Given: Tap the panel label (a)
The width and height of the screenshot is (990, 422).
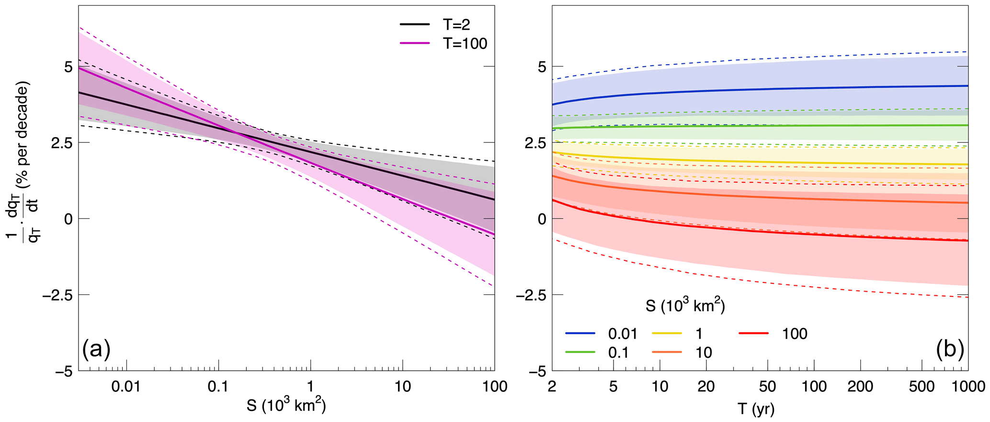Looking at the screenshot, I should [97, 349].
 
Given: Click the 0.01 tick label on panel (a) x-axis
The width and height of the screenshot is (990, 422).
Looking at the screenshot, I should [126, 387].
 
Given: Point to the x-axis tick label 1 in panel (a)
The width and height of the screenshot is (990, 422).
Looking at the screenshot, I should [310, 387].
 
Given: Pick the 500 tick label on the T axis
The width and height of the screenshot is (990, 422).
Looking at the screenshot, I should [922, 387].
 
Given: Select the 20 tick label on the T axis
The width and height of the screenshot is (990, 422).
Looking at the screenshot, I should [706, 387].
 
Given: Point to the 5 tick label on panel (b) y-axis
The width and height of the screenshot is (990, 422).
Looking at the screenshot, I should [542, 67].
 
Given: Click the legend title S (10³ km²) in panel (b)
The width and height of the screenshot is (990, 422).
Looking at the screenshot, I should [685, 305].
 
